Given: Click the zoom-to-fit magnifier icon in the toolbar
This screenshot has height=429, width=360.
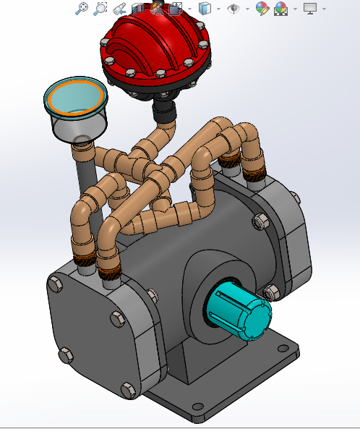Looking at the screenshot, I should tap(82, 9).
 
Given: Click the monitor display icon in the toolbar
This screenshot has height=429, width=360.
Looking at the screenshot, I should tap(310, 9).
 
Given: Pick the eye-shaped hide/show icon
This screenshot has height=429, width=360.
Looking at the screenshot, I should tap(233, 9).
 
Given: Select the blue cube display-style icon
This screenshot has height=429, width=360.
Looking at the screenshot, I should tap(205, 9).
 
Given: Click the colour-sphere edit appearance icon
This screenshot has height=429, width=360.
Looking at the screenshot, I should tap(262, 9).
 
